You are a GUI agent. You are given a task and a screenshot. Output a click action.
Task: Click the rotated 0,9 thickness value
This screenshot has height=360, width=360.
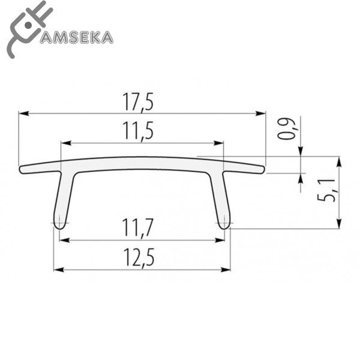pos(290,128)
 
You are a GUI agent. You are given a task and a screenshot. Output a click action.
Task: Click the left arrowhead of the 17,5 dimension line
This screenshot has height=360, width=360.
pos(22,112)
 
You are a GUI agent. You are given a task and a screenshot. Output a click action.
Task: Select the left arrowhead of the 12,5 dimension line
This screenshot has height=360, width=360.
pos(58,269)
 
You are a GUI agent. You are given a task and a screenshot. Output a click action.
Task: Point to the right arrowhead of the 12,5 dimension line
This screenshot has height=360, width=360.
pos(228,269)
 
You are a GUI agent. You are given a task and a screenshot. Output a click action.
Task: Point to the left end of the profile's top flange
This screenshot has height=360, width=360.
pos(22,170)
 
